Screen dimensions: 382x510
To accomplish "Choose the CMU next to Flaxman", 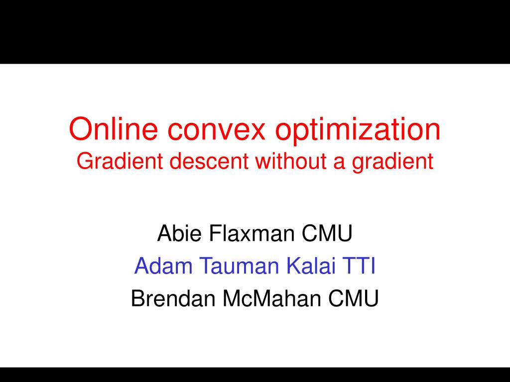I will pyautogui.click(x=327, y=233).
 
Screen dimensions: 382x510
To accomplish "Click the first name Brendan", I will pyautogui.click(x=173, y=298).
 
